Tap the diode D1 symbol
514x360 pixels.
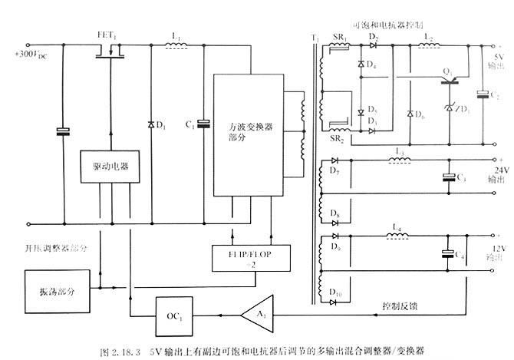tap(150, 123)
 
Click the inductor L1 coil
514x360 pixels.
tap(177, 45)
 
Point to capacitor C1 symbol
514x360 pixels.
tap(203, 123)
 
